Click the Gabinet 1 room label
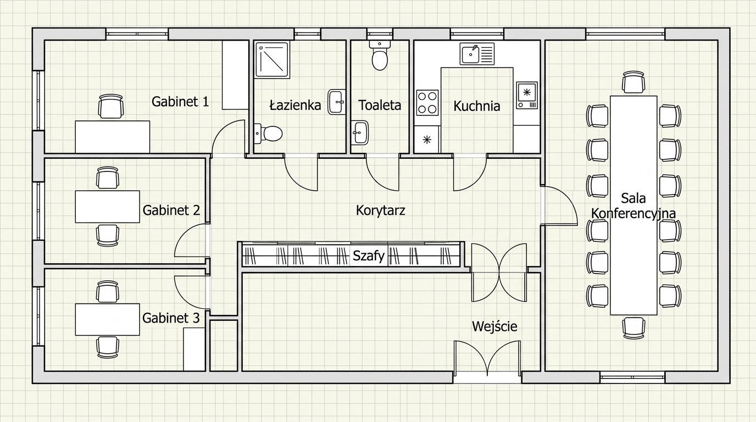(x=180, y=102)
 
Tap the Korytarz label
(x=380, y=210)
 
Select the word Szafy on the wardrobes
(x=369, y=256)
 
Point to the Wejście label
(x=494, y=326)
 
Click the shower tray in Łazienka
(x=273, y=60)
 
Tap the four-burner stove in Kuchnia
(x=427, y=102)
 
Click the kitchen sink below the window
(x=477, y=54)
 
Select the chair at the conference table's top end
(x=633, y=82)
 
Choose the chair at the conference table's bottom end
(x=633, y=328)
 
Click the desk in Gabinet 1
(x=113, y=137)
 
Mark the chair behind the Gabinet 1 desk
(x=110, y=107)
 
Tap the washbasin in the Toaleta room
(x=360, y=132)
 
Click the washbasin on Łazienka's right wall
(x=337, y=102)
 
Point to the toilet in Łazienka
(x=268, y=134)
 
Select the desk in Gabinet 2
(x=107, y=207)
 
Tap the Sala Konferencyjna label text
(x=633, y=206)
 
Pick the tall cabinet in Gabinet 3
(x=194, y=349)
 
